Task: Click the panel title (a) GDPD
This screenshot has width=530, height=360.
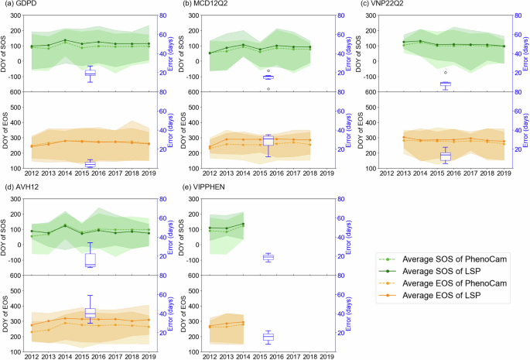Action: (19, 6)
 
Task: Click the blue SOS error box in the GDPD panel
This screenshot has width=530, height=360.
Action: (90, 73)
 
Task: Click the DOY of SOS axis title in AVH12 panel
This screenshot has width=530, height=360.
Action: (5, 237)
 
